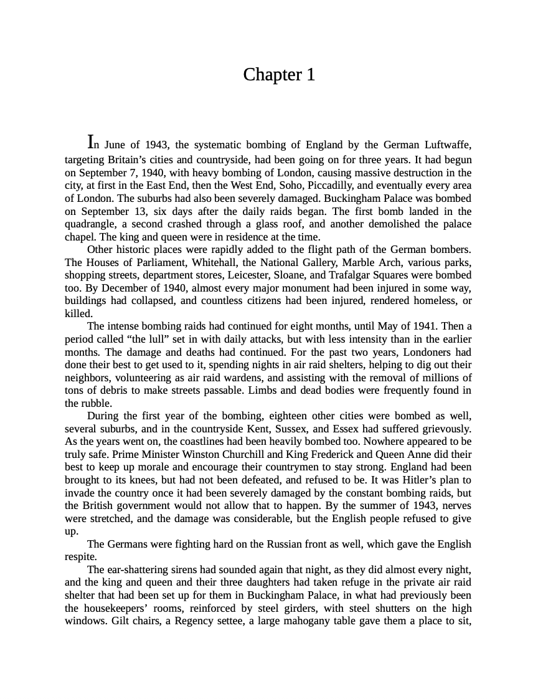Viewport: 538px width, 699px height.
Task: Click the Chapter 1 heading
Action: pos(279,75)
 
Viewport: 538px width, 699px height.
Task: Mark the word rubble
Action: pos(97,403)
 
